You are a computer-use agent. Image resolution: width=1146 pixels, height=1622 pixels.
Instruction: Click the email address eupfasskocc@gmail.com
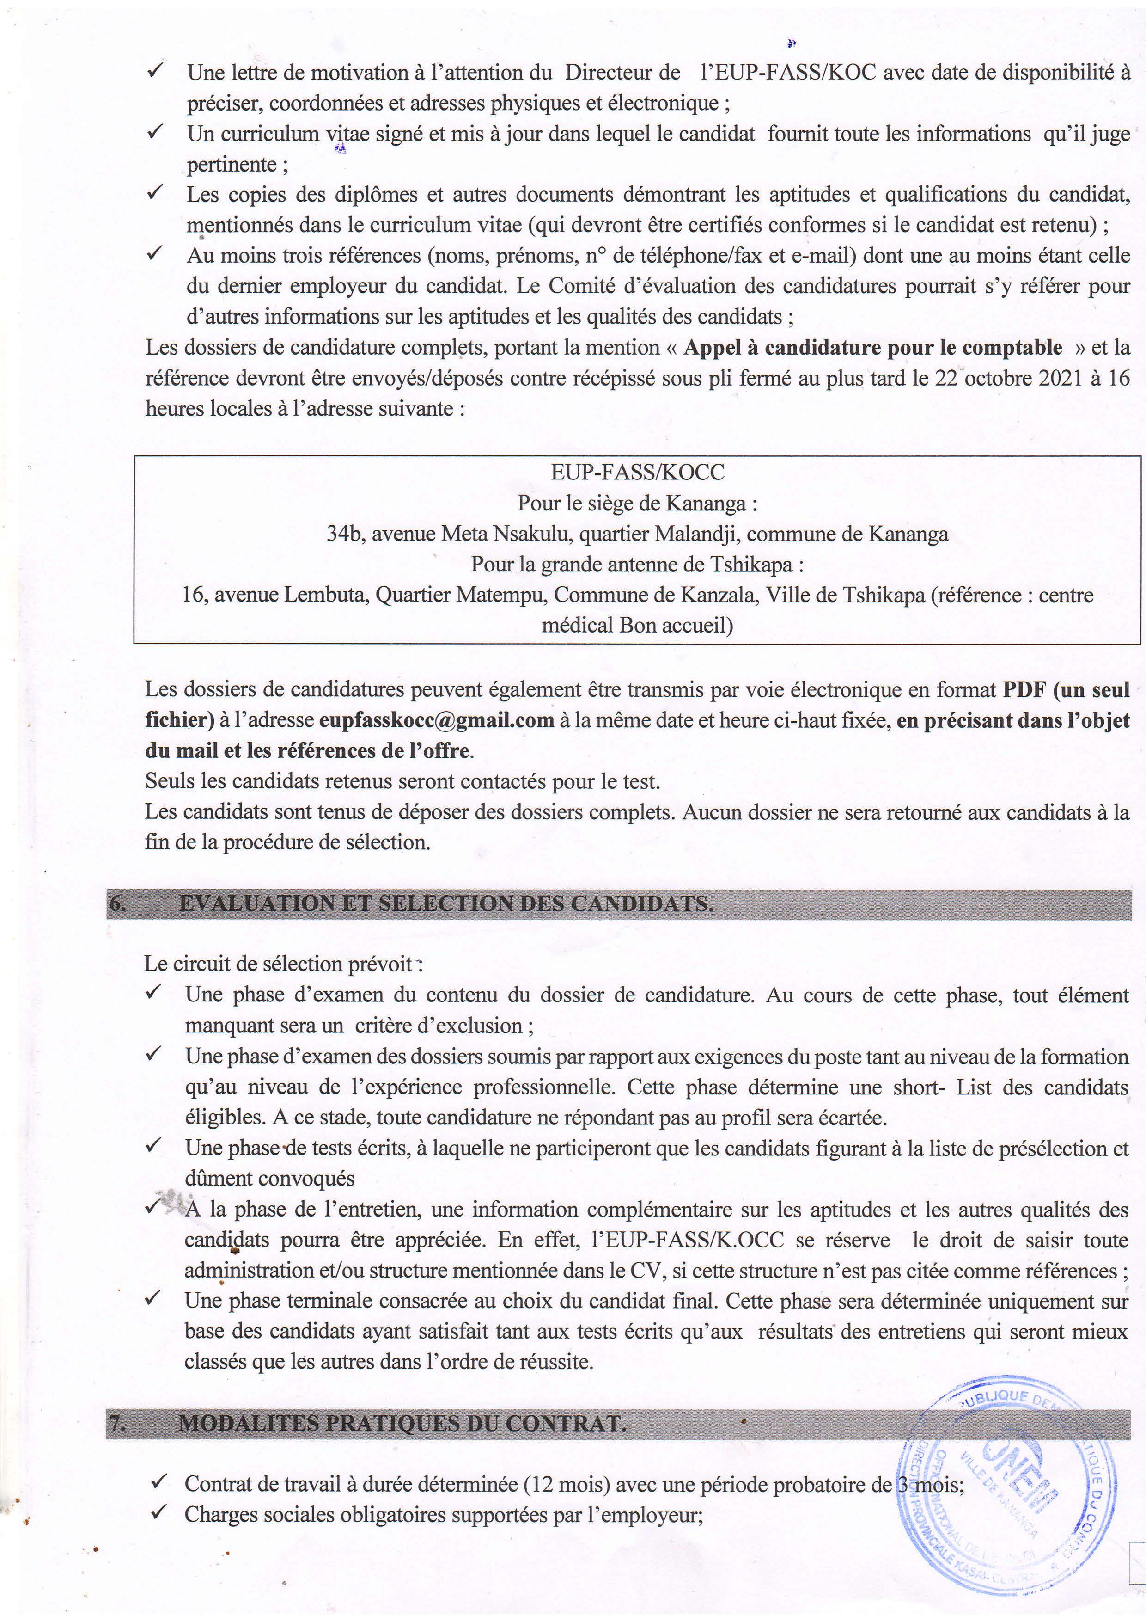coord(436,720)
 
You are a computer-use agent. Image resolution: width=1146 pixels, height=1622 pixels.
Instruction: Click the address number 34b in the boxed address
coord(342,534)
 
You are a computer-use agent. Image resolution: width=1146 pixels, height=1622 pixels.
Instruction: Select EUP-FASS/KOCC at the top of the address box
coord(638,472)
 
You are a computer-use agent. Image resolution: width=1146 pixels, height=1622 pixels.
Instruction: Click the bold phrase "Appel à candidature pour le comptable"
coord(873,348)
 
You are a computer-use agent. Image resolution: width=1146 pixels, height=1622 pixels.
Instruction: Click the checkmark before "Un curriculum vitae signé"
coord(156,132)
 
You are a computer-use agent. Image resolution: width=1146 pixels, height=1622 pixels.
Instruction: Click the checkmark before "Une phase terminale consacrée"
coord(155,1296)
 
